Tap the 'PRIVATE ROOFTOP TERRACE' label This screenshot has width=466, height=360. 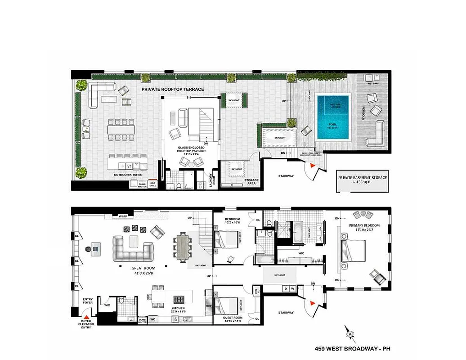[x=173, y=90]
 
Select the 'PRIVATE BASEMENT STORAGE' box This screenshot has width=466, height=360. [x=363, y=180]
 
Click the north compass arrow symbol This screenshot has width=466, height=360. [x=349, y=333]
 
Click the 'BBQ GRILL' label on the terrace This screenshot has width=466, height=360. [x=153, y=184]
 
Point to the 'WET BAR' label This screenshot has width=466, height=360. [x=372, y=83]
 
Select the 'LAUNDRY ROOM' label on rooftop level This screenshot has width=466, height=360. [x=214, y=180]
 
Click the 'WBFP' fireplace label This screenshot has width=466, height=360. [x=122, y=216]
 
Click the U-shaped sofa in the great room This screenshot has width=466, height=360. [x=133, y=248]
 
